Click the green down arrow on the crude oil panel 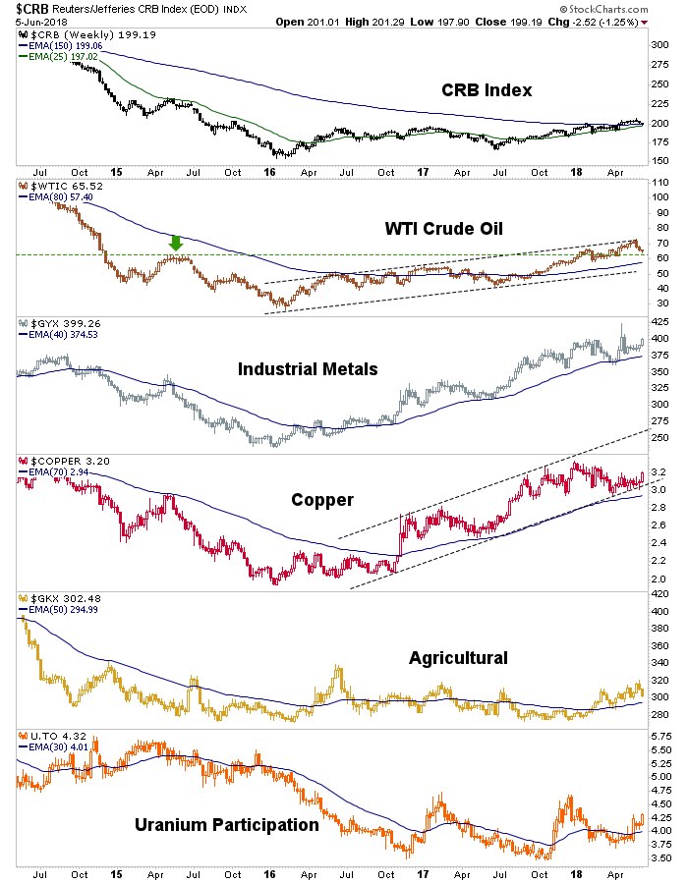[176, 243]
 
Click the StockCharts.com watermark [604, 9]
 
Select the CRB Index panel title [487, 90]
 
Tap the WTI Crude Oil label [444, 228]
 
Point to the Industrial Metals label [308, 368]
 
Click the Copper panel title [322, 500]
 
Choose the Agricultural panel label [458, 658]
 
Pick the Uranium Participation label [227, 825]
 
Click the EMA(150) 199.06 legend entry [61, 45]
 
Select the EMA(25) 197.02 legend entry [59, 56]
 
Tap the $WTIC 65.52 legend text [61, 186]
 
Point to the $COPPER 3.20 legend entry [64, 462]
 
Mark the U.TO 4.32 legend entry [52, 737]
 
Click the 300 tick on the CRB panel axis [659, 44]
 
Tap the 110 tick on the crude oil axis [660, 183]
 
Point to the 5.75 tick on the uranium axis [660, 737]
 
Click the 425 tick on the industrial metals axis [659, 322]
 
